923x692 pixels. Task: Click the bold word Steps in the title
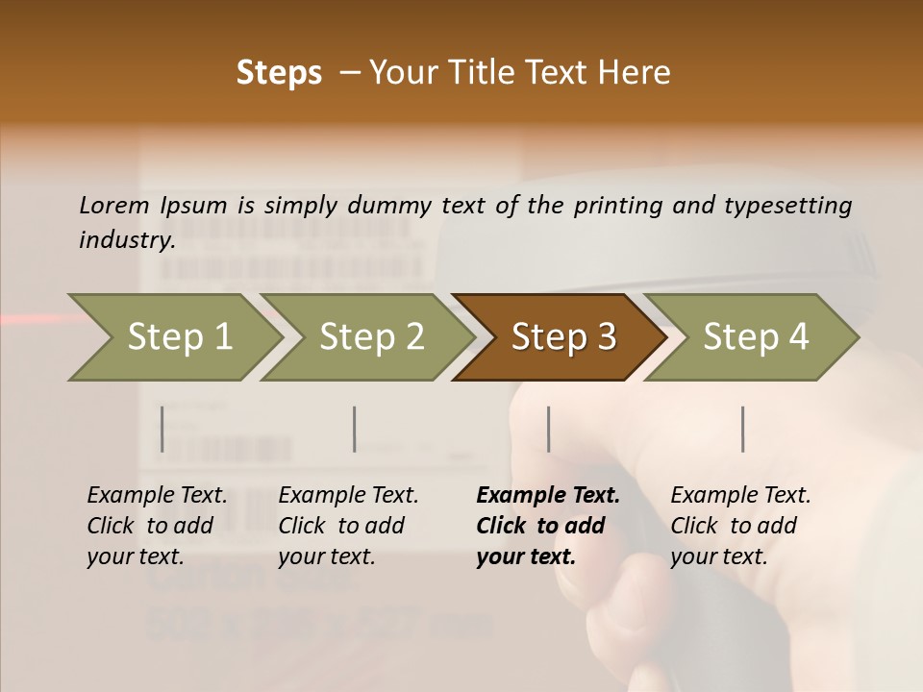pos(279,73)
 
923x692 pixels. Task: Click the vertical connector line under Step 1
pos(162,429)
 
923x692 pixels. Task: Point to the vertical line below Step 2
pos(355,429)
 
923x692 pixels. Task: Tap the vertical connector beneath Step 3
pos(548,429)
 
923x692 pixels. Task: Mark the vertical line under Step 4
pos(742,429)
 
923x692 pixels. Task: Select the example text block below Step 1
pos(157,525)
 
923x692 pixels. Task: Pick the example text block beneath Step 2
pos(348,525)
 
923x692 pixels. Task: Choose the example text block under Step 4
pos(740,525)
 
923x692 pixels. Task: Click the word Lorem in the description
pos(114,205)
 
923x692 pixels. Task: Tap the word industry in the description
pos(126,240)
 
